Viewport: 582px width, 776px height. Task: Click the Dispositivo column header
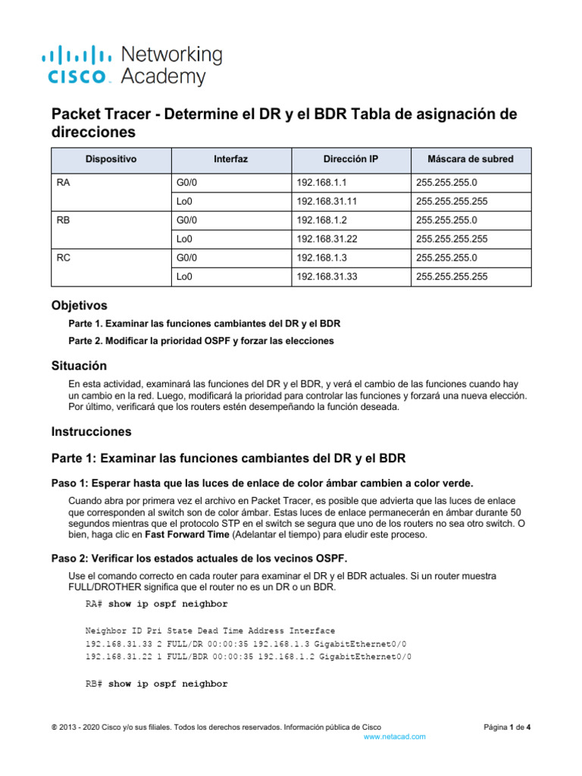pyautogui.click(x=111, y=159)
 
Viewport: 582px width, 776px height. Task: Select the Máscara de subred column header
pyautogui.click(x=470, y=159)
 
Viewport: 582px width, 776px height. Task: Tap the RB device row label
pyautogui.click(x=64, y=220)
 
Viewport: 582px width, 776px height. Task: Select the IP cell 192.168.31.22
pyautogui.click(x=327, y=239)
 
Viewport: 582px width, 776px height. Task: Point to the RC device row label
pyautogui.click(x=64, y=258)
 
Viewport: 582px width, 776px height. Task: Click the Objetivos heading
pyautogui.click(x=79, y=305)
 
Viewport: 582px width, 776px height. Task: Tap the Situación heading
pyautogui.click(x=79, y=366)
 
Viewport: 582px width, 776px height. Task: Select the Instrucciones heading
pyautogui.click(x=91, y=432)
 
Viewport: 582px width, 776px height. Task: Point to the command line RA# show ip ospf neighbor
pyautogui.click(x=156, y=604)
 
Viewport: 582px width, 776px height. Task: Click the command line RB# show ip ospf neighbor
pyautogui.click(x=156, y=684)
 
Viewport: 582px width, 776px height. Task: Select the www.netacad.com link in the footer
pyautogui.click(x=395, y=736)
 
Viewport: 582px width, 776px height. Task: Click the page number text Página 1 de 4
pyautogui.click(x=508, y=727)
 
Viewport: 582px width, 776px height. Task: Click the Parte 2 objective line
pyautogui.click(x=201, y=341)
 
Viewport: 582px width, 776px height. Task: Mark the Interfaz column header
pyautogui.click(x=230, y=159)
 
